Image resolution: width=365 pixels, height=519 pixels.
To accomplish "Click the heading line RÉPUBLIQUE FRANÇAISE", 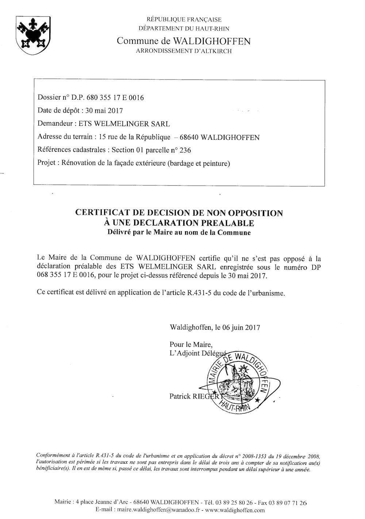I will point(184,19).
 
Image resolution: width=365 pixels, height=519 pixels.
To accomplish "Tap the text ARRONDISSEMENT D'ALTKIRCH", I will point(184,51).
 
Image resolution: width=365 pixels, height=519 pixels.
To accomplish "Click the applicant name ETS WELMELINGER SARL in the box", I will point(124,124).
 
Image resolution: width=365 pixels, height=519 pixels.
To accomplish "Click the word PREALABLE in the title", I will point(226,222).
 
